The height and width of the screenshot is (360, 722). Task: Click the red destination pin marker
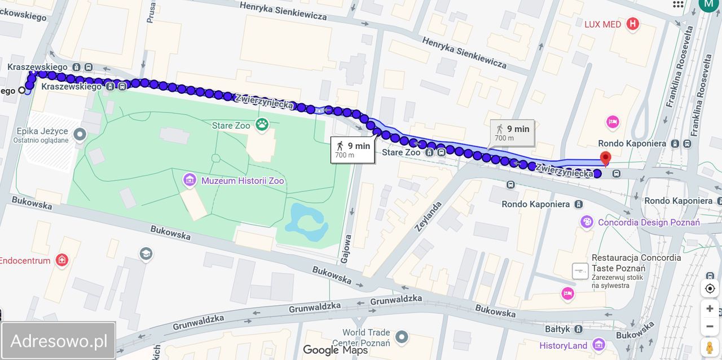click(x=605, y=159)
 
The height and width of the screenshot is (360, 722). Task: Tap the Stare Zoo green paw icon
click(x=261, y=125)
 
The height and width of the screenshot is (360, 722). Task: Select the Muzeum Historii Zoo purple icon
click(x=190, y=181)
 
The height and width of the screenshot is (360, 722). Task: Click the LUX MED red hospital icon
click(x=633, y=24)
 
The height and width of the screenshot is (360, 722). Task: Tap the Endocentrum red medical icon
click(x=62, y=260)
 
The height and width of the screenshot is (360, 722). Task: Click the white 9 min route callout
click(x=353, y=150)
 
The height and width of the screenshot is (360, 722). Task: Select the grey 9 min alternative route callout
click(x=512, y=133)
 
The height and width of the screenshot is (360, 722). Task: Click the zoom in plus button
click(x=710, y=309)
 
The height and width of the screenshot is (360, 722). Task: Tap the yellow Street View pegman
click(x=710, y=346)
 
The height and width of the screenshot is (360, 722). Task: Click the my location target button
click(x=710, y=288)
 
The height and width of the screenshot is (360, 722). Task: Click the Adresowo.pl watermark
click(x=59, y=341)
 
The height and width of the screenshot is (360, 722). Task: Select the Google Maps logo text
click(x=336, y=350)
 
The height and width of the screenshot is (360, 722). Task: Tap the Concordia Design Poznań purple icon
click(x=587, y=222)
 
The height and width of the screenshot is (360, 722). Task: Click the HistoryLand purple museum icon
click(x=598, y=345)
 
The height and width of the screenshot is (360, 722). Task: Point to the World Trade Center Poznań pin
click(x=401, y=337)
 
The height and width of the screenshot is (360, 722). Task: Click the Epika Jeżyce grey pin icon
click(x=80, y=134)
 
